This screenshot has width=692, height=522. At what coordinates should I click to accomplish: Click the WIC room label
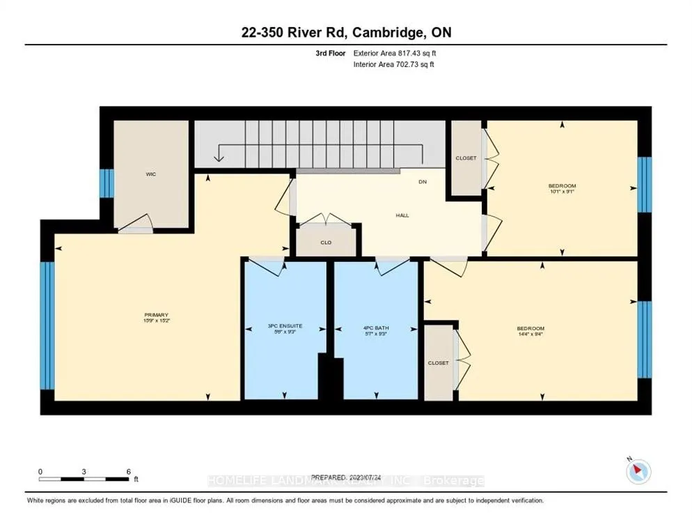coord(151,174)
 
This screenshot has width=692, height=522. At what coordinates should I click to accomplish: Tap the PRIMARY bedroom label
coord(157,314)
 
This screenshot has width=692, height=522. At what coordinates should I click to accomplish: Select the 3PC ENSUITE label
coord(283,327)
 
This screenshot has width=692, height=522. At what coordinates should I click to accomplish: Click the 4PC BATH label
coord(377,327)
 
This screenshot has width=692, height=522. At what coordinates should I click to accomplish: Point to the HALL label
coord(402,215)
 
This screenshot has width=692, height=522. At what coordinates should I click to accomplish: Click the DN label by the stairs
coord(422,182)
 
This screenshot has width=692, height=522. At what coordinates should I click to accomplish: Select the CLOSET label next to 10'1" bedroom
coord(466,158)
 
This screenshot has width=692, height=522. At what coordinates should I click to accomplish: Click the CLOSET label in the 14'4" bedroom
coord(439,363)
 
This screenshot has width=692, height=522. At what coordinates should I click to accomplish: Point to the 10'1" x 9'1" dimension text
coord(562,193)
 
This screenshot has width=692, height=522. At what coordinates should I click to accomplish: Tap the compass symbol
coord(638,472)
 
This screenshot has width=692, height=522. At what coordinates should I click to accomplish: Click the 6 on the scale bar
coord(129,472)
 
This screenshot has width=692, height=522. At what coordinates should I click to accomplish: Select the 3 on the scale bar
coord(84,472)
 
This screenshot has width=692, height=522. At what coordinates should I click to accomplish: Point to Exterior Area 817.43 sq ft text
coord(395,53)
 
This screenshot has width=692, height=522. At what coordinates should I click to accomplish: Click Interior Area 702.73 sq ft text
coord(395,64)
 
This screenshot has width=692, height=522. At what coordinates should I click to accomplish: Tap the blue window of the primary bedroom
coord(47,325)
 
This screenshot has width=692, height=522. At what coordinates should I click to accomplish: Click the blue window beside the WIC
coord(107,183)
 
